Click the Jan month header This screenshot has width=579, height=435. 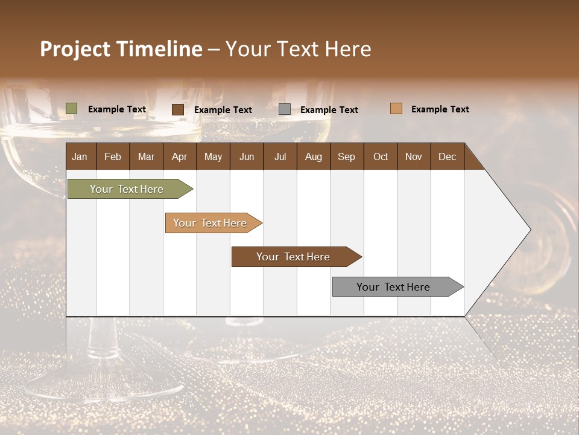(x=80, y=156)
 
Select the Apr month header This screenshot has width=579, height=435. (x=179, y=156)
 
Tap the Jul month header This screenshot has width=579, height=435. (x=280, y=156)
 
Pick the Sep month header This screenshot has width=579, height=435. (x=346, y=156)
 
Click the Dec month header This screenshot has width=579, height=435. (x=447, y=156)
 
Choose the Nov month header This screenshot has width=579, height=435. (x=413, y=156)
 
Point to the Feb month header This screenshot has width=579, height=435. (x=113, y=156)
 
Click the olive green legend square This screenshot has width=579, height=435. (x=71, y=109)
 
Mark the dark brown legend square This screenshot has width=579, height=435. (x=178, y=109)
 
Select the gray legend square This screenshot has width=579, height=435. (x=285, y=109)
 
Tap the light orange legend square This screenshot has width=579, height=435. (x=396, y=109)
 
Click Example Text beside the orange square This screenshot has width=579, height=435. (x=440, y=109)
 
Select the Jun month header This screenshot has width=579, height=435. (x=246, y=156)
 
